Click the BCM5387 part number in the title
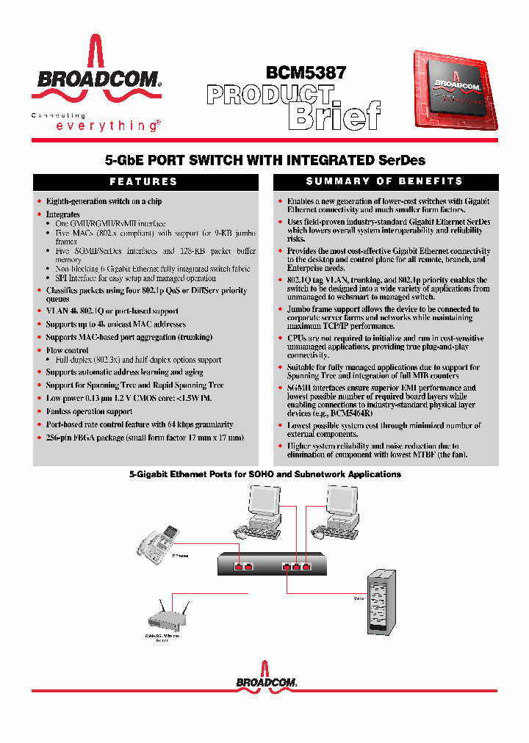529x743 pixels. coord(306,73)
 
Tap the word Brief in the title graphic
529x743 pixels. coord(334,115)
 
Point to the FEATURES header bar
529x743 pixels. coord(144,181)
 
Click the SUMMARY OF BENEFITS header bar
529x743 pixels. coord(385,181)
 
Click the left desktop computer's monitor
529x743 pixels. coord(263,504)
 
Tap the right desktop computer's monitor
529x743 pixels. coord(342,504)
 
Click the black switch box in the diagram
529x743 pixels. coord(273,564)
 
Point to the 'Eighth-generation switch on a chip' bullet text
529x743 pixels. coord(104,201)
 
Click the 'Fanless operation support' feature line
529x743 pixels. coord(89,411)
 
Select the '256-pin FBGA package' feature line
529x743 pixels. coord(144,438)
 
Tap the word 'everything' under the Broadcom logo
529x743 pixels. coord(107,126)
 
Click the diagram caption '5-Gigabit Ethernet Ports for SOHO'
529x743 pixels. coord(264,474)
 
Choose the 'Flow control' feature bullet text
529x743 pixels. coord(67,350)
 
